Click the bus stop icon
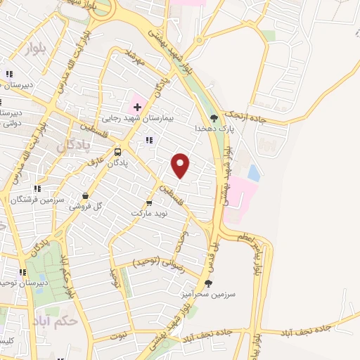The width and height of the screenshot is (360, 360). tap(117, 152)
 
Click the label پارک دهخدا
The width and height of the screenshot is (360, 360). tap(214, 129)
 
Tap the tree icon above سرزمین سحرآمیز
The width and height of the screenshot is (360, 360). tap(207, 283)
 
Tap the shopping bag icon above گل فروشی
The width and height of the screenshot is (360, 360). tap(86, 196)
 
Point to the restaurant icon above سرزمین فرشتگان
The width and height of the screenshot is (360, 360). tap(37, 188)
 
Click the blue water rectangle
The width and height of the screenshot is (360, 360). tap(252, 172)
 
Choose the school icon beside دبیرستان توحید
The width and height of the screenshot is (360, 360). tap(23, 272)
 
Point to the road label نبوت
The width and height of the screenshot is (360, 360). tap(122, 336)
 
